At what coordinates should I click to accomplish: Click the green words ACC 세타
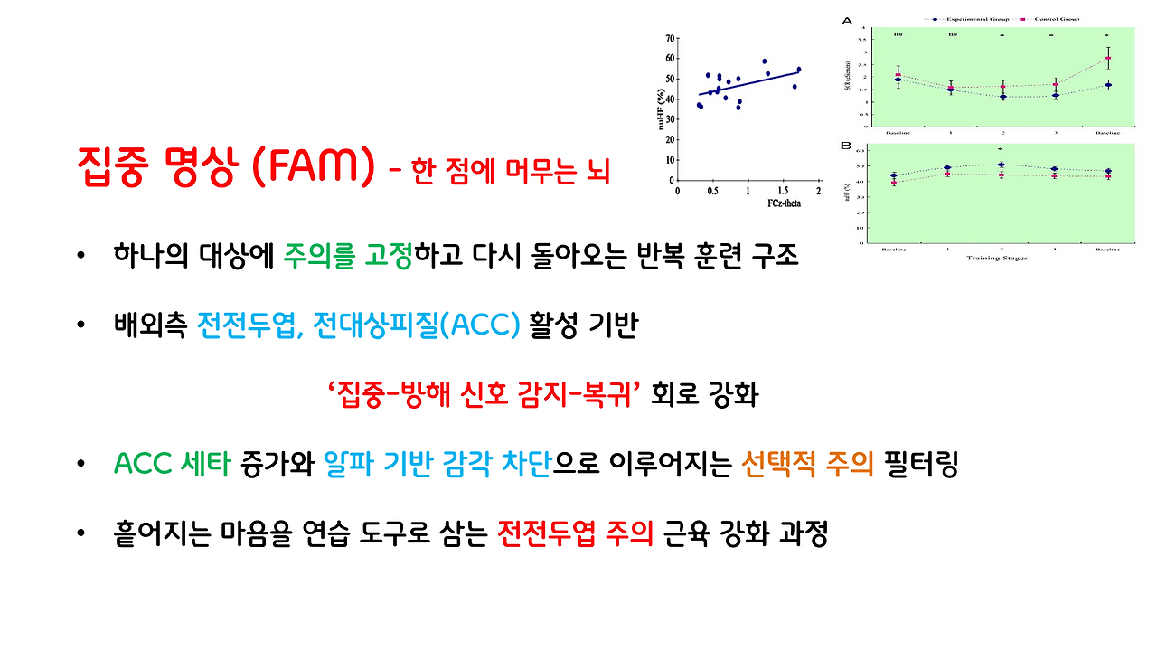coord(173,465)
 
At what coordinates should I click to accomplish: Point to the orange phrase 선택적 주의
coord(807,465)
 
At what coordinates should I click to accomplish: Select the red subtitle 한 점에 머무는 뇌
coord(511,171)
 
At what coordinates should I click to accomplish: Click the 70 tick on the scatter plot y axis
coord(670,39)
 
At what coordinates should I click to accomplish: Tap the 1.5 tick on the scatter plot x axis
coord(783,192)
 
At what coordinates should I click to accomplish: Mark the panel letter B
coord(846,145)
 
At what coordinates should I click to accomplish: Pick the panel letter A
coord(846,20)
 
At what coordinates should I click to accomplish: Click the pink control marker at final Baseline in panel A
coord(1108,58)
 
